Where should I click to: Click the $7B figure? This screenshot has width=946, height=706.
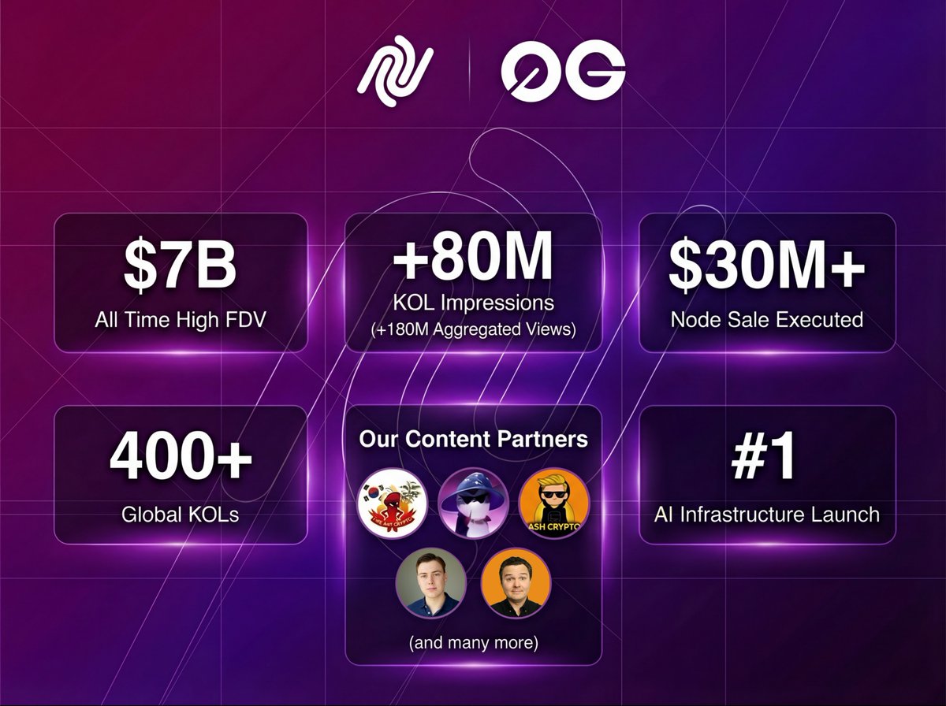(180, 267)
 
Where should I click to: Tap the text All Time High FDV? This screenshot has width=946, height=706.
(180, 320)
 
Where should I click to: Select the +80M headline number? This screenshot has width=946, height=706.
(473, 262)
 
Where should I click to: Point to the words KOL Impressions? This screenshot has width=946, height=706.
(473, 303)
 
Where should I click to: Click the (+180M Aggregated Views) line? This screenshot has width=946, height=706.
(473, 330)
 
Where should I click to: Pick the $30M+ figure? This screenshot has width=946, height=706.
(766, 267)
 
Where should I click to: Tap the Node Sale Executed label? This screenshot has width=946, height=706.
(766, 320)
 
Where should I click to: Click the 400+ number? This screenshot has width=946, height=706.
(180, 460)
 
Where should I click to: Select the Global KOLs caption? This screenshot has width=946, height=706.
(180, 515)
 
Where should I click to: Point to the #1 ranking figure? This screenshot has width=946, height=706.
(766, 460)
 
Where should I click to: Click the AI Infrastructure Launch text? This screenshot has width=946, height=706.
(766, 515)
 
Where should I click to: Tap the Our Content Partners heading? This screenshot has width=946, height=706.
(473, 439)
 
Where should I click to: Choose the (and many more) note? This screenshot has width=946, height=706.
(473, 643)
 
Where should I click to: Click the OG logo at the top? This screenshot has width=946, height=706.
(563, 73)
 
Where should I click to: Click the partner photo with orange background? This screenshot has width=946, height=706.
(516, 583)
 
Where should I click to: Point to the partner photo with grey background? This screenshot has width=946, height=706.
(430, 583)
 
